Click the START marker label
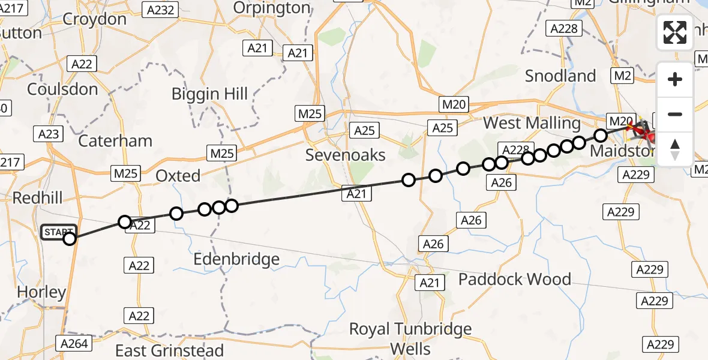(58, 232)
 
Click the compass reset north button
(675, 149)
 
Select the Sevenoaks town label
(346, 155)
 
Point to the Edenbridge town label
(237, 259)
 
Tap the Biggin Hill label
(209, 94)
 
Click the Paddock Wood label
(515, 279)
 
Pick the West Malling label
(532, 123)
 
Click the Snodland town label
(560, 76)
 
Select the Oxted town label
(178, 176)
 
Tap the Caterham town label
(115, 141)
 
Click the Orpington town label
(272, 8)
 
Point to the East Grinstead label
(170, 350)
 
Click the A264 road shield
(74, 344)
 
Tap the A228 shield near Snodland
(564, 29)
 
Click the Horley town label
(41, 292)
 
